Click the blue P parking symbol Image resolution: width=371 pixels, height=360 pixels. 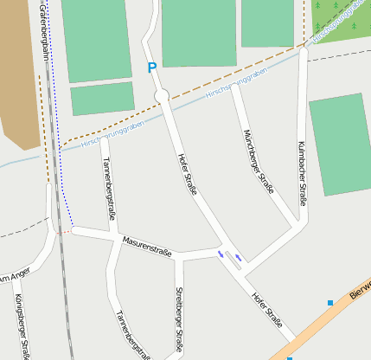152,67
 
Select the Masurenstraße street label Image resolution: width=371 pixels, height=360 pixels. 147,246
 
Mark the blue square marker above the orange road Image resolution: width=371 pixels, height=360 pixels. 330,302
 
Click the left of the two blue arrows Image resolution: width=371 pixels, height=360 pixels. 221,254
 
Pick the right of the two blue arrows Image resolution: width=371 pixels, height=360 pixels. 238,257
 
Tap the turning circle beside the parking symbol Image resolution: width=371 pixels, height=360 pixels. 160,95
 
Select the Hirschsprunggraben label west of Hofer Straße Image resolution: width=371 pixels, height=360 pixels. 112,136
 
